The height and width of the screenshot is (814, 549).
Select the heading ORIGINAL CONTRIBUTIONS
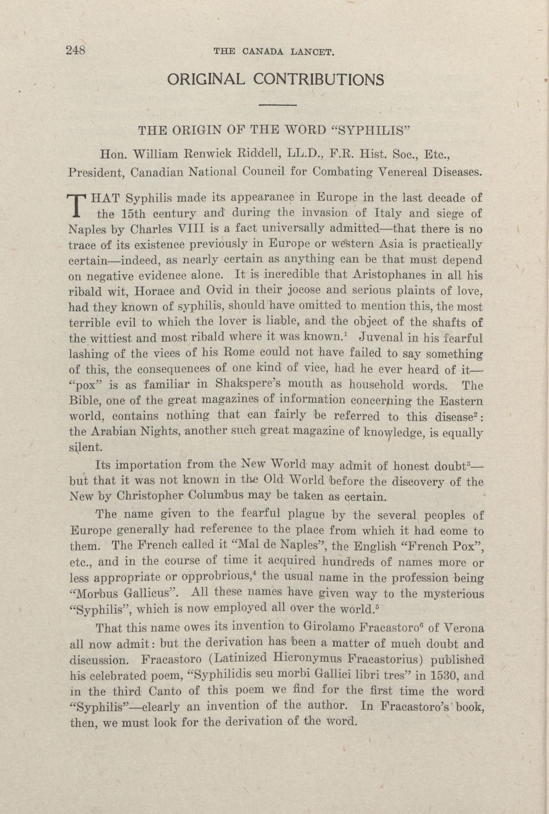coord(275,80)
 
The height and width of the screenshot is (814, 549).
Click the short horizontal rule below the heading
coord(278,105)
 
